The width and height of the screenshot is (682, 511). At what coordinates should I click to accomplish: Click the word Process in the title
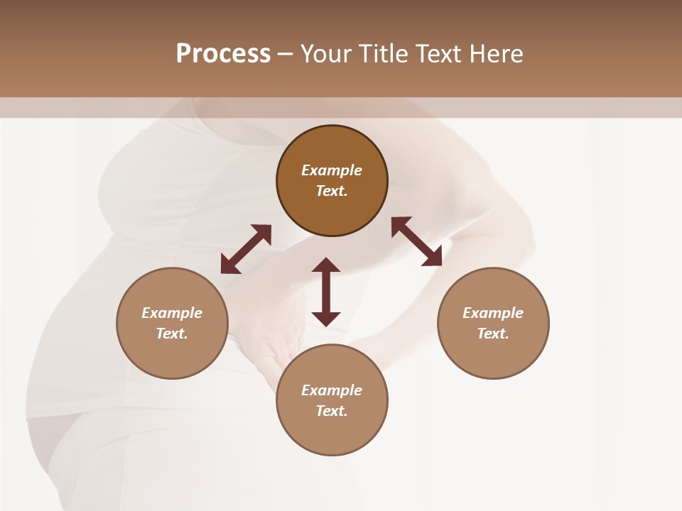pyautogui.click(x=223, y=54)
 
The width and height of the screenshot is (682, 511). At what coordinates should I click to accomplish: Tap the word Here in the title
pyautogui.click(x=496, y=54)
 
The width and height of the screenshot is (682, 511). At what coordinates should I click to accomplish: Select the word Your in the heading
pyautogui.click(x=326, y=54)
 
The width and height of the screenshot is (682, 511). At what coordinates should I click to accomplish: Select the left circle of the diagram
pyautogui.click(x=172, y=355)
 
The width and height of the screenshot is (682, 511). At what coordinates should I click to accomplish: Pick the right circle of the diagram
pyautogui.click(x=493, y=355)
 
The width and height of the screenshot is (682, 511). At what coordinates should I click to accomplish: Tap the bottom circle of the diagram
pyautogui.click(x=332, y=433)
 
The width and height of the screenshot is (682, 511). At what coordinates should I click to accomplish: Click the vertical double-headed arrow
pyautogui.click(x=326, y=292)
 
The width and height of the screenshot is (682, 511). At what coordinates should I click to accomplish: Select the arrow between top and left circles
pyautogui.click(x=246, y=249)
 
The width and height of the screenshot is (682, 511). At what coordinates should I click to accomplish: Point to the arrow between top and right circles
pyautogui.click(x=417, y=241)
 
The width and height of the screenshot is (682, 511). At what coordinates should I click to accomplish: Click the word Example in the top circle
pyautogui.click(x=332, y=170)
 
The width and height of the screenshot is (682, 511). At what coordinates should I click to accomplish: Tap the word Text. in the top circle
pyautogui.click(x=332, y=191)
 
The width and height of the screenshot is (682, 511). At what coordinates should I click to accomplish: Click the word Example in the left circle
pyautogui.click(x=172, y=313)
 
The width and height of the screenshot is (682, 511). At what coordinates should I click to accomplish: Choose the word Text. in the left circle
pyautogui.click(x=172, y=334)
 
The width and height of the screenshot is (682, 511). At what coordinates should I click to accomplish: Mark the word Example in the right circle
pyautogui.click(x=493, y=313)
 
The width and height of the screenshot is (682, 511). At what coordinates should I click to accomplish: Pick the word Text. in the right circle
pyautogui.click(x=493, y=334)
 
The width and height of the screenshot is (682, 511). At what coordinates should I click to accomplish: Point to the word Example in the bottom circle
pyautogui.click(x=332, y=390)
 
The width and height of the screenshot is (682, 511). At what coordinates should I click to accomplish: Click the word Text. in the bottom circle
pyautogui.click(x=332, y=411)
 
